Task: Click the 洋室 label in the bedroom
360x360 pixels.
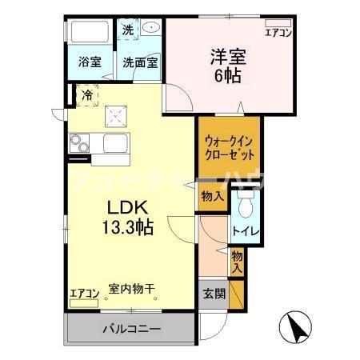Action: coord(226,57)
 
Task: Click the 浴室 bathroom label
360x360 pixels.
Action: coord(90,62)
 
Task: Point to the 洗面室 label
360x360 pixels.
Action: coord(140,62)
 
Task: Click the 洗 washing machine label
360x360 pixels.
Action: coord(128,30)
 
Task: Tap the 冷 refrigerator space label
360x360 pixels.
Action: coord(86,94)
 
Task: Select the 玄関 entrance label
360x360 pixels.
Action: coord(213,293)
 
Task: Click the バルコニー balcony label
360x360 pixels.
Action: coord(131,329)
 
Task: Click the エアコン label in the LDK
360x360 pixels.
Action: coord(83,294)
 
